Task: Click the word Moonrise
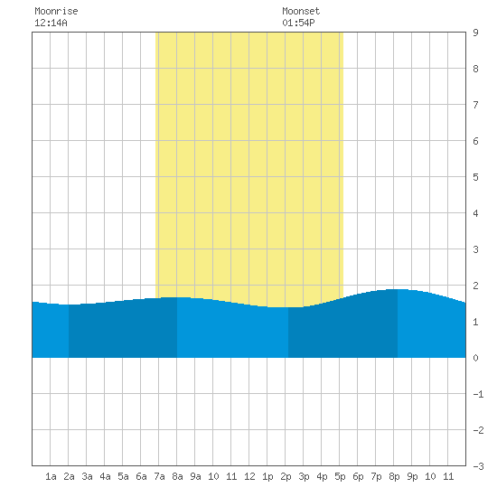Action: click(x=56, y=11)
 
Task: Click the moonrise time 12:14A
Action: click(x=51, y=23)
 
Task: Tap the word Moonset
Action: click(x=301, y=11)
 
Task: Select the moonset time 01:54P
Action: click(x=298, y=23)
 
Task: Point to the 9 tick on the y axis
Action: click(x=475, y=33)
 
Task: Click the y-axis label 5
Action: click(x=475, y=177)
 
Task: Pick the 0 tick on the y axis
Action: click(x=475, y=358)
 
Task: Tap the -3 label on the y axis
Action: click(x=478, y=466)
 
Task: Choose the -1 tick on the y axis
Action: click(x=478, y=394)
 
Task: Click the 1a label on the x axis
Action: click(x=51, y=476)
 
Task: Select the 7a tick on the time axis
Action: click(x=159, y=476)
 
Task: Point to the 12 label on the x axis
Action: click(x=249, y=476)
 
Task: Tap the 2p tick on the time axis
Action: click(x=286, y=476)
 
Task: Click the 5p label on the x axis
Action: click(x=340, y=476)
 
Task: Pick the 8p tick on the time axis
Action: click(x=394, y=476)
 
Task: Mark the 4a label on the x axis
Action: click(x=105, y=476)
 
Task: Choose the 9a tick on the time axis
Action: click(x=195, y=476)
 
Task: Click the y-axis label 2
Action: click(x=475, y=286)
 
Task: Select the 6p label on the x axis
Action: click(x=358, y=476)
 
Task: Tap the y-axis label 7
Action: click(x=475, y=105)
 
